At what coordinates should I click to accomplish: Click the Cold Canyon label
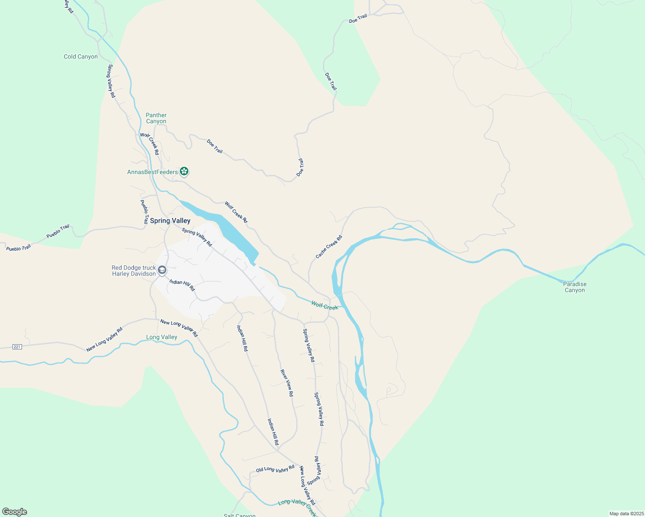coord(81,56)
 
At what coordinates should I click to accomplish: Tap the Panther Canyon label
coord(156,118)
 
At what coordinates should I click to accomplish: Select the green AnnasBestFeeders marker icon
coord(184,171)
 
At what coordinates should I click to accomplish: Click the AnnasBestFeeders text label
coord(152,172)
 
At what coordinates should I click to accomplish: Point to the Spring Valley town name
coord(170,221)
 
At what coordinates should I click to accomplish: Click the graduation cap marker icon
coord(162,270)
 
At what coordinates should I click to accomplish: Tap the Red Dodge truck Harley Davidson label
coord(134,271)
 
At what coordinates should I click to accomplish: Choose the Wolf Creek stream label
coord(325,306)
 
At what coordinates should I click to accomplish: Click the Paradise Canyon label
coord(575,287)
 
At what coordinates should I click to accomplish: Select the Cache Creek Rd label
coord(329,247)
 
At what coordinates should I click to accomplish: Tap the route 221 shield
coord(17,347)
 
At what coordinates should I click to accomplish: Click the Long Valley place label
coord(162,337)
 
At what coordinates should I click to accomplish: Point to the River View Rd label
coord(287,383)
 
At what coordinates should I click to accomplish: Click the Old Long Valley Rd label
coord(275,469)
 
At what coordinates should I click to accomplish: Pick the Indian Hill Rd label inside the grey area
coord(182,285)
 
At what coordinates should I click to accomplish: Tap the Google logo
coord(15,512)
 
